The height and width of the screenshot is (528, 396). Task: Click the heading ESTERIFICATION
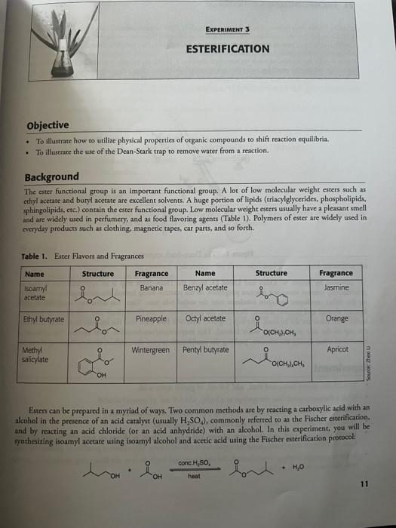[x=227, y=49]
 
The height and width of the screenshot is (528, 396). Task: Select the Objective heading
[x=48, y=125]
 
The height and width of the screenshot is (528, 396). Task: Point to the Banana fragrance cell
[x=152, y=287]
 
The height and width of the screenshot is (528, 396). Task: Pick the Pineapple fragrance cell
[x=152, y=318]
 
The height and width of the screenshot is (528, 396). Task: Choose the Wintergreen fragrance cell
[x=152, y=350]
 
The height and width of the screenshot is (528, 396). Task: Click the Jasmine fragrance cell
[x=336, y=287]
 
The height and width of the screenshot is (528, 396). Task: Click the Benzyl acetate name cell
[x=205, y=287]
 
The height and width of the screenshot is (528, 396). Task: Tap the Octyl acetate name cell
[x=205, y=318]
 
